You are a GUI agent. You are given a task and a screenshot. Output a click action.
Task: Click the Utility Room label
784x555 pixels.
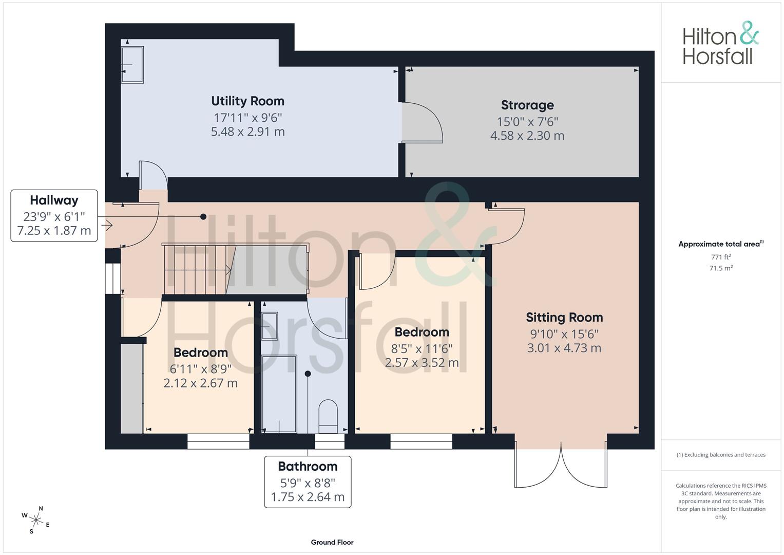point(248,101)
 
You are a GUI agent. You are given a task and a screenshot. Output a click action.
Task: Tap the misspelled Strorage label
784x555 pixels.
point(527,105)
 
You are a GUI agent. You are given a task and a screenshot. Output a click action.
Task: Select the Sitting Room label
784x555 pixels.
point(564,318)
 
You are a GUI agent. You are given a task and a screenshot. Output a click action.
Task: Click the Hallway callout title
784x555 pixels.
point(54,200)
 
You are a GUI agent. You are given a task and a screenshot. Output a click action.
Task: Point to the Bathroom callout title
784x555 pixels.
point(308,467)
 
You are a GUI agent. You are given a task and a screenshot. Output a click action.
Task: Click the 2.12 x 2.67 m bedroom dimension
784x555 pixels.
point(201,383)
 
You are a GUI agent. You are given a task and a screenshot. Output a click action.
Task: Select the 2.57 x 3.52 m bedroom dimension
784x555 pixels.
point(422,362)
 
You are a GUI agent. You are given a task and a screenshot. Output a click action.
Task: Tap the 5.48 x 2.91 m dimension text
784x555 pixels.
point(248,132)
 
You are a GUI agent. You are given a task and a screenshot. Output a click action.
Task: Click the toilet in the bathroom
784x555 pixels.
point(328,417)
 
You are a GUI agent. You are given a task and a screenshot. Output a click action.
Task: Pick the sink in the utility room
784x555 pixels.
point(132,65)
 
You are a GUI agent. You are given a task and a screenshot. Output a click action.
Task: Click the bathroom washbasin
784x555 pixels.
point(270,326)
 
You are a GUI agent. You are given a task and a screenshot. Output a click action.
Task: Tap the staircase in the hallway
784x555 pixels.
point(235,269)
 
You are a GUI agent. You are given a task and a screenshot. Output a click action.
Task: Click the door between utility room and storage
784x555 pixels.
point(422,123)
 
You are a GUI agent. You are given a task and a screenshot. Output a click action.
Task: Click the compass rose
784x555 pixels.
point(36,520)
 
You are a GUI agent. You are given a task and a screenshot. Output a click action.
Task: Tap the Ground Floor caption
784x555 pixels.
point(332,542)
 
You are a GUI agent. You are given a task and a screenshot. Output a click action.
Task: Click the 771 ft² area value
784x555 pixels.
point(721,257)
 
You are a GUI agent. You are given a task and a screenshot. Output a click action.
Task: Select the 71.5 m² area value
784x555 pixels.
point(721,268)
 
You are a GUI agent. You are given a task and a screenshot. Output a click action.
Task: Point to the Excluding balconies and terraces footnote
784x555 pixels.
point(721,455)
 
